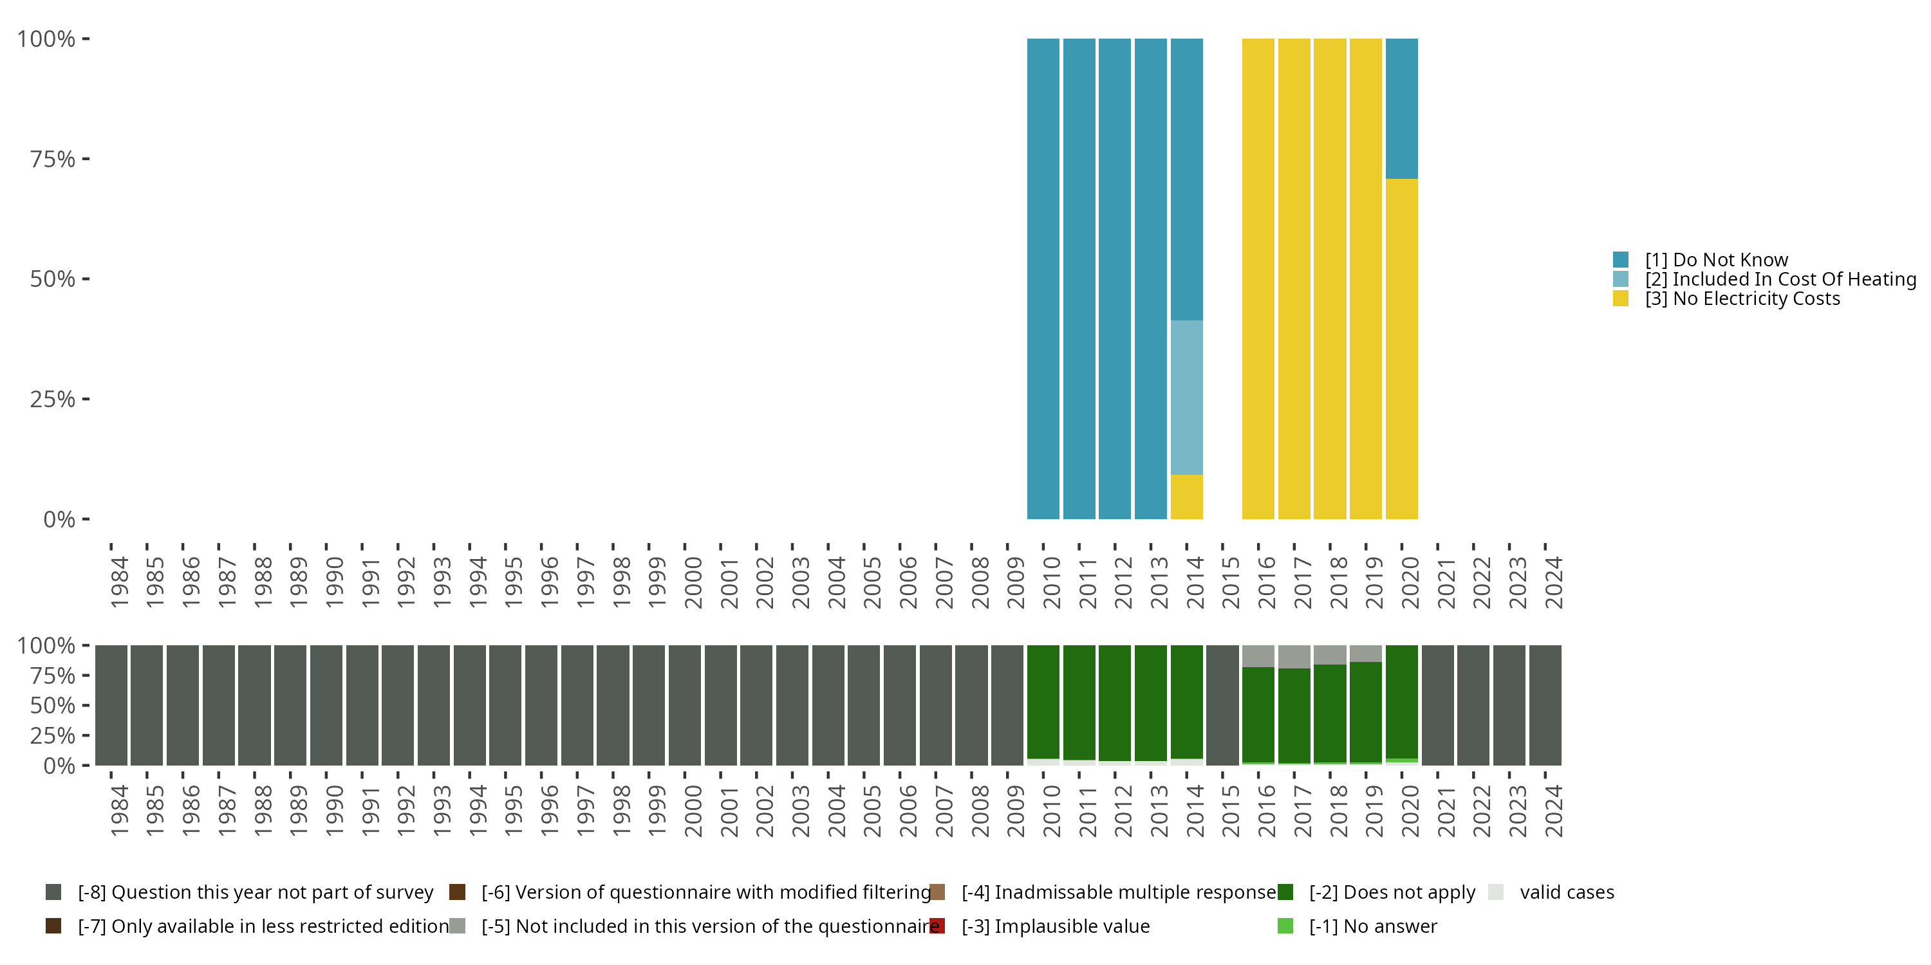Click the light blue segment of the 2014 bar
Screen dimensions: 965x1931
coord(1187,397)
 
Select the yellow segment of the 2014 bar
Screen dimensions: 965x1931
coord(1187,496)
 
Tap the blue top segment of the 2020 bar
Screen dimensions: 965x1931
coord(1402,109)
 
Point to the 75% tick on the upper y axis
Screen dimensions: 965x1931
coord(53,159)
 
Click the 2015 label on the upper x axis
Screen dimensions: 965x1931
coord(1230,582)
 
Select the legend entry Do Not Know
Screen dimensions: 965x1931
coord(1716,260)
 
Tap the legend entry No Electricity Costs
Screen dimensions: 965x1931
coord(1742,299)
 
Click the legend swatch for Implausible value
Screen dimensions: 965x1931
coord(937,926)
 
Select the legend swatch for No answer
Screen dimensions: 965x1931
coord(1285,926)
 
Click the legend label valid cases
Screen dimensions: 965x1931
coord(1567,892)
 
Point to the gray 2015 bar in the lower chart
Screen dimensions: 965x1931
coord(1222,705)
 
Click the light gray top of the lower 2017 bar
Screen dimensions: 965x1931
coord(1294,656)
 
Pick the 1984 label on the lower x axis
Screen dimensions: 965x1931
coord(119,811)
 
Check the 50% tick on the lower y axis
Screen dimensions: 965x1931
coord(53,706)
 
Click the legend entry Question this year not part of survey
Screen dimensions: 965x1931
coord(255,892)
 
